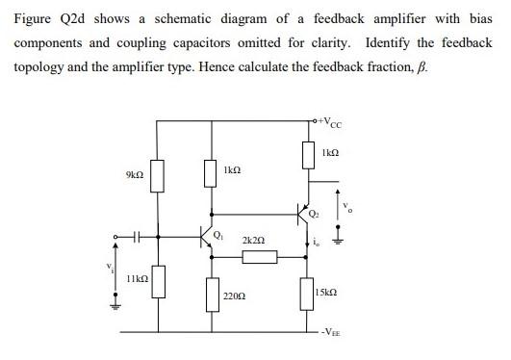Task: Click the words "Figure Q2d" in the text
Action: (x=44, y=16)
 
